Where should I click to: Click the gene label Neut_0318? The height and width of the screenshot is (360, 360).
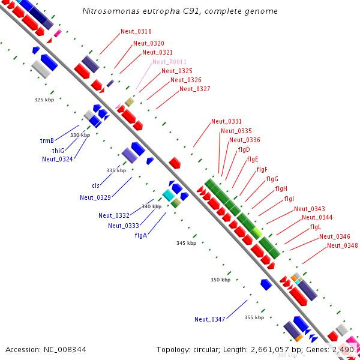136,31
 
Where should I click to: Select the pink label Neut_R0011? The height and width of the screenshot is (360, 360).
169,62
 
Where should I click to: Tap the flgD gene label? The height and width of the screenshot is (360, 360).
244,149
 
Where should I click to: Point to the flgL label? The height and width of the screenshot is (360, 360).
316,227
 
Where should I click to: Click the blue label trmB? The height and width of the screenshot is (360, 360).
47,140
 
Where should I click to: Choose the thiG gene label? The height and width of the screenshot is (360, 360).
58,150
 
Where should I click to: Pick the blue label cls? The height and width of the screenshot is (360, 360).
95,185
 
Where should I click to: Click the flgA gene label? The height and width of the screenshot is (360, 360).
142,235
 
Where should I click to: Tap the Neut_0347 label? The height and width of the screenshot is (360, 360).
209,319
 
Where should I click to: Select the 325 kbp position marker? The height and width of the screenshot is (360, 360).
44,100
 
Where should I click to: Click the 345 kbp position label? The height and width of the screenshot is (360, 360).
187,243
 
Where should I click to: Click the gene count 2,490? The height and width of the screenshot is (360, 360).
343,349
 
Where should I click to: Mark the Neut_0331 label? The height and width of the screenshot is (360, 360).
226,122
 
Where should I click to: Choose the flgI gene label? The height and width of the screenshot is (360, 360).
289,199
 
